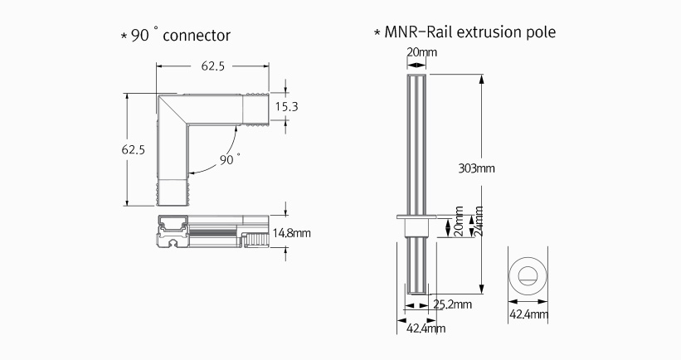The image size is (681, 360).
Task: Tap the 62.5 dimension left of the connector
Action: (x=134, y=150)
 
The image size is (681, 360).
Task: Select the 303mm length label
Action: (x=476, y=168)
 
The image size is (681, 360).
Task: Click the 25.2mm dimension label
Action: (x=452, y=305)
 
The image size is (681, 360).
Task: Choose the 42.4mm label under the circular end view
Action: (x=527, y=315)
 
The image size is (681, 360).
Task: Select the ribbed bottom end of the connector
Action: (x=173, y=193)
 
